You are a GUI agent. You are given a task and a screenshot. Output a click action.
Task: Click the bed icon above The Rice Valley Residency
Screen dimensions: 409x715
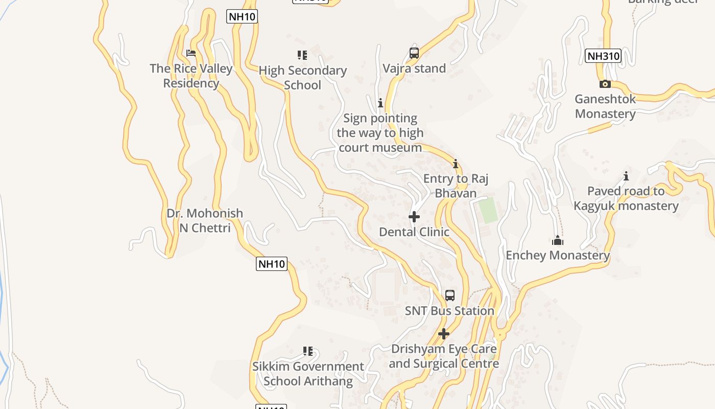191,53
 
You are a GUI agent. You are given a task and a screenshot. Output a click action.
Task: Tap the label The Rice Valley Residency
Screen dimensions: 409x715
191,76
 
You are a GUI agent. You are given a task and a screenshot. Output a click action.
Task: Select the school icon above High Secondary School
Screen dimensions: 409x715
302,55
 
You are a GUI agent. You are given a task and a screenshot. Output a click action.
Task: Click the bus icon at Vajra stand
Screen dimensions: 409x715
414,53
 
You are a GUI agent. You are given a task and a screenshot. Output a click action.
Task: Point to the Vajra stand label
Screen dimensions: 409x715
414,69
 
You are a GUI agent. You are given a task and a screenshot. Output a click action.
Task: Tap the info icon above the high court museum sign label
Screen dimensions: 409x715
380,103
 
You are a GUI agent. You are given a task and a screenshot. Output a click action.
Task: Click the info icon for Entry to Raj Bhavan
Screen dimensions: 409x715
456,164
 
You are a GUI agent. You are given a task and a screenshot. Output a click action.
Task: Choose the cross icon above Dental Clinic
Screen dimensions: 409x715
414,217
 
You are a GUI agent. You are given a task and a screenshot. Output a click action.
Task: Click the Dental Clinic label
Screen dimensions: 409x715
414,232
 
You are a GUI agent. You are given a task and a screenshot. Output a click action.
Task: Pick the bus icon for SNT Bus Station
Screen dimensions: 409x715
449,295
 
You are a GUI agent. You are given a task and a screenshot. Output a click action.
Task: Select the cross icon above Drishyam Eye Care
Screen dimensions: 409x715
444,334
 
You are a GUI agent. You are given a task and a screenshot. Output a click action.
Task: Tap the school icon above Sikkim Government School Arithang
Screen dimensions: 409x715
308,351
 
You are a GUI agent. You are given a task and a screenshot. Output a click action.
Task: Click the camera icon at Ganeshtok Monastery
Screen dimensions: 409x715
605,84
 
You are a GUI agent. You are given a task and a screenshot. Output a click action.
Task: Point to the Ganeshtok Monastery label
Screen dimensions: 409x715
605,106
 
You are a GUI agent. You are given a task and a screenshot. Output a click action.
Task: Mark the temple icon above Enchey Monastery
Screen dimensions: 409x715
558,240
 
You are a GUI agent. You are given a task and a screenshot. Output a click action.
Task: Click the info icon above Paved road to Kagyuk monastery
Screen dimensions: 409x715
626,176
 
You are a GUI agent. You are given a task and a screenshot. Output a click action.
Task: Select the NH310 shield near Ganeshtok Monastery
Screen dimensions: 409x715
603,56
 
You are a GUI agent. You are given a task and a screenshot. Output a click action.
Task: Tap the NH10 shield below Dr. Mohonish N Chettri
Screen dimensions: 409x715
272,264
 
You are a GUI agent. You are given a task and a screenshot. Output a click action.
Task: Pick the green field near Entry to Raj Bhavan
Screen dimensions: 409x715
488,210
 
